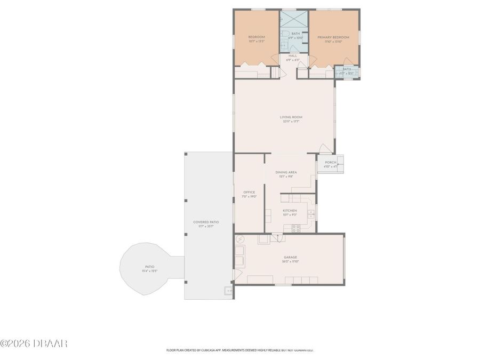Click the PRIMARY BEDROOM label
coord(333,37)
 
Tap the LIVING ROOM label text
coord(291,117)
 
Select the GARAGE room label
coord(291,257)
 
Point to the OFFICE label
coord(249,192)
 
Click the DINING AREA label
coord(286,172)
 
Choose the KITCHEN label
coord(290,211)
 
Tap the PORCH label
coord(331,162)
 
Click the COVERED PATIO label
coord(206,222)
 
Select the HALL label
coord(293,55)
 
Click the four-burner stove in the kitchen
coord(296,228)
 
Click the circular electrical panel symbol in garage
coord(240,239)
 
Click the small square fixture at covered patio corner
coord(228,291)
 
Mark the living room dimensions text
coord(291,122)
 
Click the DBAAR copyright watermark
coord(34,343)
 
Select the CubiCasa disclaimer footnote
coord(240,350)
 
